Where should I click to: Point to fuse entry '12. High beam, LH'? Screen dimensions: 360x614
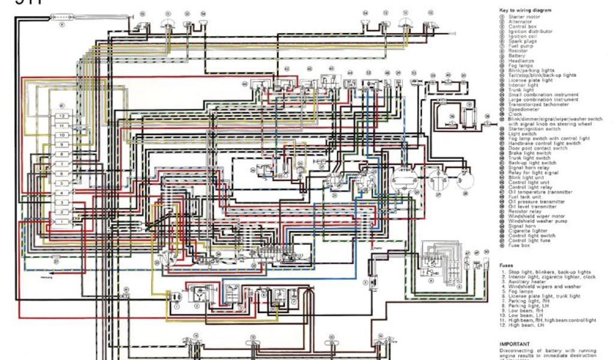coord(528,325)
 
